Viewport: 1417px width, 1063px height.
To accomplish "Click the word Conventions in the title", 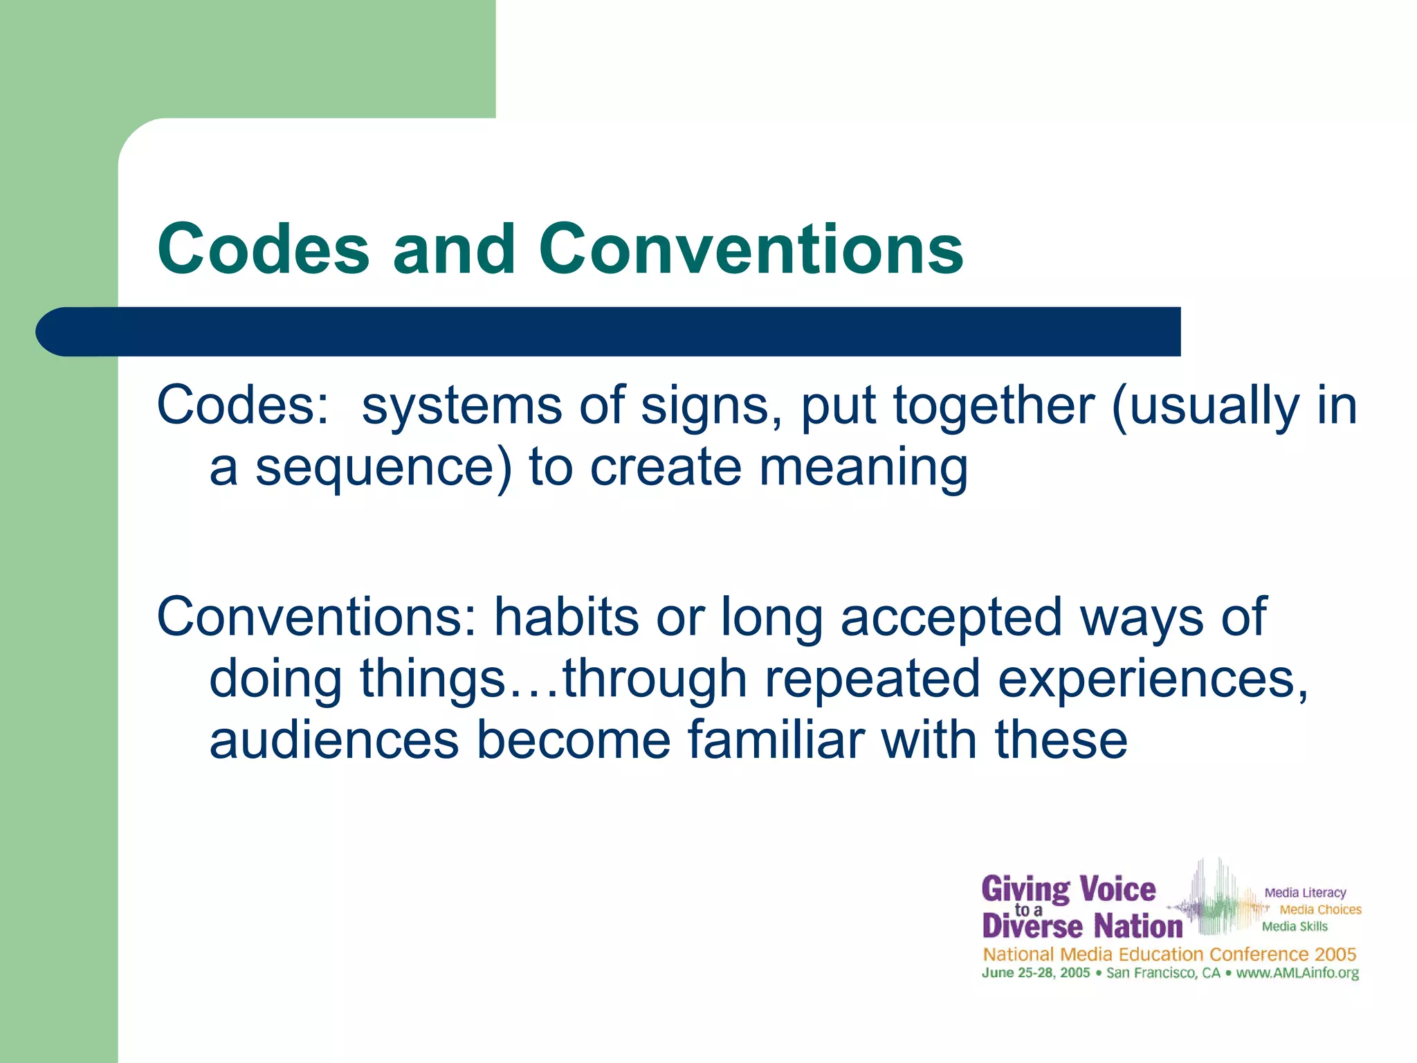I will coord(751,249).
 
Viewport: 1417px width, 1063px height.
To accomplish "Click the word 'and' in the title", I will coord(454,249).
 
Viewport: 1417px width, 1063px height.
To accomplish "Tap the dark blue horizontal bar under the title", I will coord(609,331).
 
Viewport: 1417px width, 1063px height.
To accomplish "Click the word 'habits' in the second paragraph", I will coord(566,617).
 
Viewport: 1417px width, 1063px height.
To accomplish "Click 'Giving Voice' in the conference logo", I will coord(1068,890).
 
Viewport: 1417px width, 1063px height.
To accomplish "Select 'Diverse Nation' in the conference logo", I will coord(1082,927).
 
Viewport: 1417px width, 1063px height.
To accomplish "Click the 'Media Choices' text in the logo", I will coord(1320,909).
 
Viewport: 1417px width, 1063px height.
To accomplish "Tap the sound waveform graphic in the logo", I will coord(1218,900).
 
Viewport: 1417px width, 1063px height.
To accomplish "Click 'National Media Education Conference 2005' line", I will coord(1169,954).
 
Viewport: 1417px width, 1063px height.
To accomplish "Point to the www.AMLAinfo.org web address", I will coord(1297,973).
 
